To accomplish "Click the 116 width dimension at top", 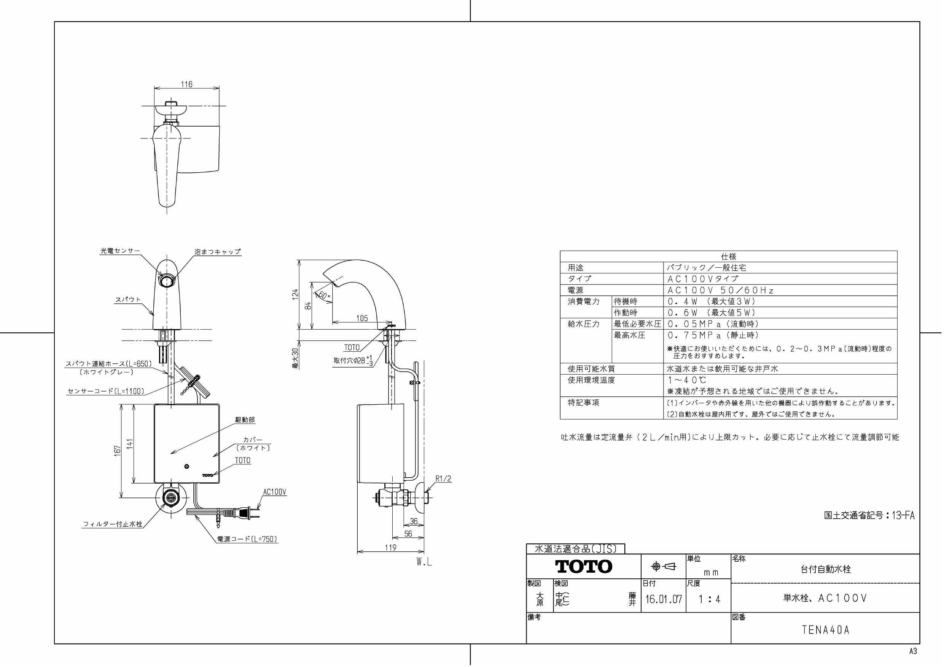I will (x=187, y=84).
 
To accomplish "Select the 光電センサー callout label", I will (x=120, y=251).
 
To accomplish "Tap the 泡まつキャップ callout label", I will (x=218, y=251).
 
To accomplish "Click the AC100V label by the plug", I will (x=275, y=492).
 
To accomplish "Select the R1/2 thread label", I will (x=443, y=479).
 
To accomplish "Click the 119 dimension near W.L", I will (x=391, y=548).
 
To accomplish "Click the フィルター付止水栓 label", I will (x=113, y=524).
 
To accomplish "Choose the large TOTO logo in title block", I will (x=583, y=566).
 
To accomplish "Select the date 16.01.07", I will (x=663, y=599).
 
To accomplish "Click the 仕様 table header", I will (x=728, y=256).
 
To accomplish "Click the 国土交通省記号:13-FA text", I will (x=869, y=515).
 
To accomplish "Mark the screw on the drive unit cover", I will (x=187, y=466).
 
